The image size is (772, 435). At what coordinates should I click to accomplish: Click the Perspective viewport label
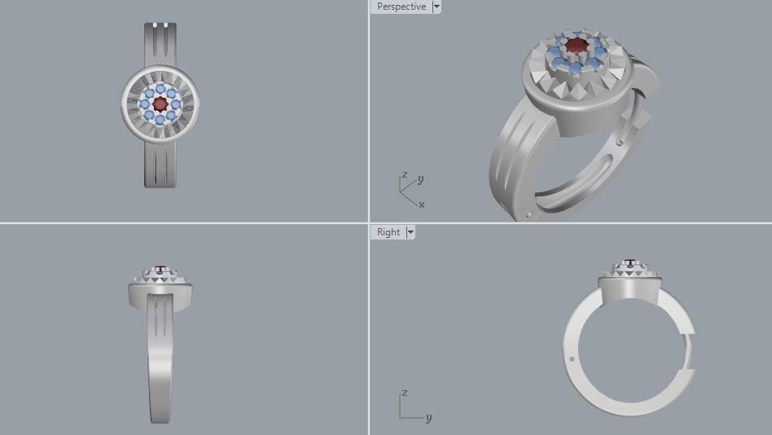point(401,7)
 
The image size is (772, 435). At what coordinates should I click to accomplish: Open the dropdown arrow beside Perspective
point(436,7)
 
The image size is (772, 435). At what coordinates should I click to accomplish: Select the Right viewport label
point(388,232)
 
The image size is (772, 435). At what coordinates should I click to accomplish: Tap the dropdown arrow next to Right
point(410,232)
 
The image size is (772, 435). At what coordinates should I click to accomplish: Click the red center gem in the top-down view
point(160,103)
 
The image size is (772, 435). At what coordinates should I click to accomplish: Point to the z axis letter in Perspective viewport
point(404,175)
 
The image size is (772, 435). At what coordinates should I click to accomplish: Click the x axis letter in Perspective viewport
point(421,204)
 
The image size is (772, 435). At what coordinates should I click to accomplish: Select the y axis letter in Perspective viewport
point(420,179)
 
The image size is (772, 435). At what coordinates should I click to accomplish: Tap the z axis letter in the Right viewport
point(403,394)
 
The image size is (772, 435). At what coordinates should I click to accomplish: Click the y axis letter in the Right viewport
point(428,418)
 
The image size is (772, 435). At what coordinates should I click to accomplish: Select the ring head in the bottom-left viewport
point(160,289)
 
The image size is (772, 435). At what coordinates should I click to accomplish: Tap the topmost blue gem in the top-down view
point(160,87)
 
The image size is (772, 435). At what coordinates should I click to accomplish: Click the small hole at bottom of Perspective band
point(530,215)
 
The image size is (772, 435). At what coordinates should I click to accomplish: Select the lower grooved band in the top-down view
point(160,163)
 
